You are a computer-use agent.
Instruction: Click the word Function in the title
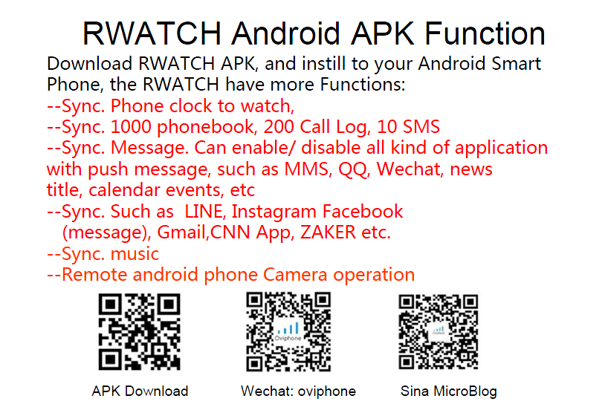click(485, 33)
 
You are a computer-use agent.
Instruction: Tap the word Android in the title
click(285, 33)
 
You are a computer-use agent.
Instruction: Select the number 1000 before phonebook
click(129, 127)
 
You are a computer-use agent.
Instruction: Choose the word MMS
click(306, 169)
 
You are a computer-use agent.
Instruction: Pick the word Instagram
click(274, 212)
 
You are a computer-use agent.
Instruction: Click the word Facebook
click(363, 211)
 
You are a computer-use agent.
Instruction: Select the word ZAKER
click(328, 232)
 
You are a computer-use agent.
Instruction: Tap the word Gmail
click(183, 232)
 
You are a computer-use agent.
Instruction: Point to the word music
click(135, 254)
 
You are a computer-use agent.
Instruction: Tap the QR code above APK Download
click(139, 331)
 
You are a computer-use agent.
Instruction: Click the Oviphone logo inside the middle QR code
click(288, 331)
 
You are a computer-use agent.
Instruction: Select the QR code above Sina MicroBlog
click(439, 331)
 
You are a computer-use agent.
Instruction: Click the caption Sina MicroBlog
click(449, 391)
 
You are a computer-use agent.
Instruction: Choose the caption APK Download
click(140, 391)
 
